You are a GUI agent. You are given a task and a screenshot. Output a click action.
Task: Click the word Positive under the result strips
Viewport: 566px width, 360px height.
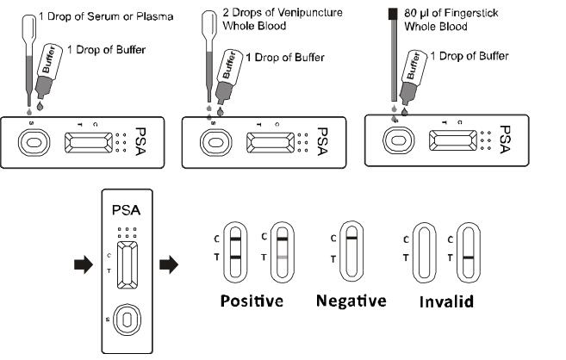point(252,301)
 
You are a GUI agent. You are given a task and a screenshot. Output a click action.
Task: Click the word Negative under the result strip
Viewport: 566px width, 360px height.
point(351,301)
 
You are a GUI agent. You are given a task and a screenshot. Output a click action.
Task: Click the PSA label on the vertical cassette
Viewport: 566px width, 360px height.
point(127,209)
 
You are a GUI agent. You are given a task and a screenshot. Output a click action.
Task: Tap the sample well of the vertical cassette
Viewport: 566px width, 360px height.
point(127,320)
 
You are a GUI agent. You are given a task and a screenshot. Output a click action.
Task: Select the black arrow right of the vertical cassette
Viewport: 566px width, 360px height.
point(171,264)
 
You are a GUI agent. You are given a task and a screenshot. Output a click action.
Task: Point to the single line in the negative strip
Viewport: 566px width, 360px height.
point(351,237)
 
